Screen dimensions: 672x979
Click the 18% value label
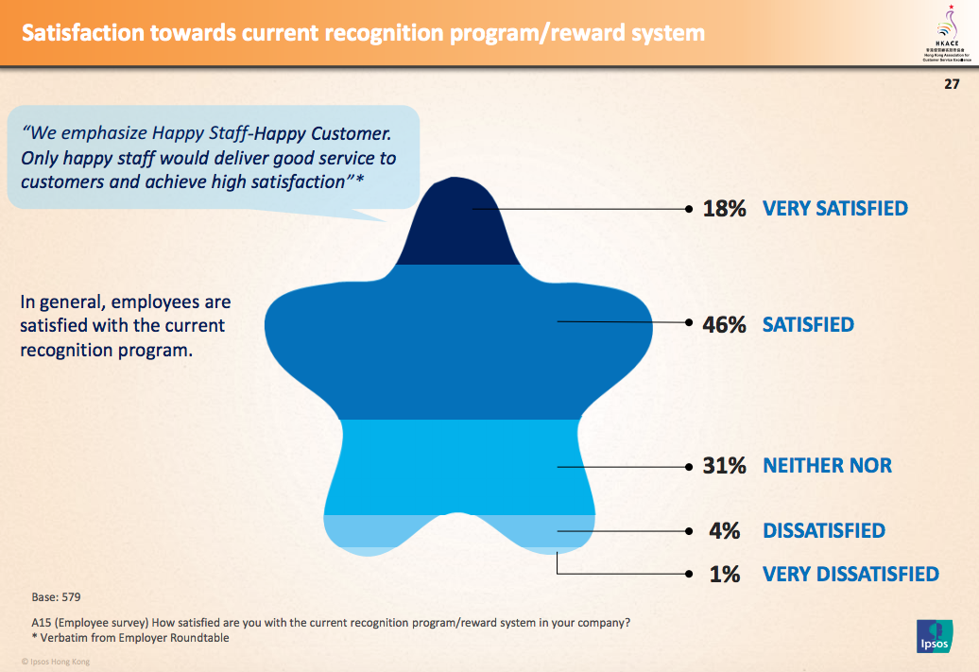pos(725,209)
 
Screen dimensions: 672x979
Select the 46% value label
pos(725,325)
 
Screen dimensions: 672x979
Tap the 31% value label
pos(725,466)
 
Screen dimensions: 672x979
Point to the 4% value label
pos(725,531)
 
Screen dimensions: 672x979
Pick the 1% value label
pos(725,574)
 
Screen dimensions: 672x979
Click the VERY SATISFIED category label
pos(834,209)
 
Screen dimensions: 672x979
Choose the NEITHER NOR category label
pos(827,466)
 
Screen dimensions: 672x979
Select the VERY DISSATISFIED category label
pos(850,574)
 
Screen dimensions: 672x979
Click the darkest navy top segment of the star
pos(460,227)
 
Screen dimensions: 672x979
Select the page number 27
pos(951,84)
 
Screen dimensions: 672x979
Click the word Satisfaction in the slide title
pos(83,34)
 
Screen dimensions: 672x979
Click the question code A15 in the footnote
pos(42,623)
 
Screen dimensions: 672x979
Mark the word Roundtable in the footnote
pos(199,638)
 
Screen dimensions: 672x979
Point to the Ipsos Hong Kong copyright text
pos(56,662)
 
